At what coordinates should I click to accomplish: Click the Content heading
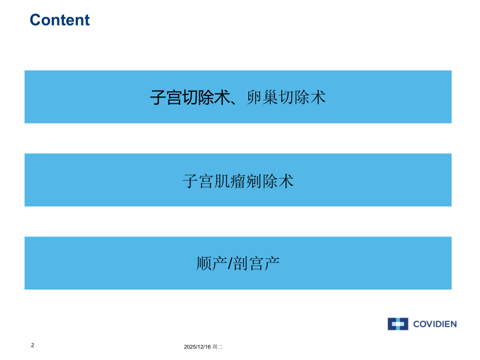(59, 20)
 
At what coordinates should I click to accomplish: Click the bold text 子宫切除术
(190, 98)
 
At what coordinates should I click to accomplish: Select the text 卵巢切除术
(285, 98)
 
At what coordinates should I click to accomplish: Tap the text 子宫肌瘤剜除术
(238, 181)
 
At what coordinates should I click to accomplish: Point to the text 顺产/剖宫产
(238, 263)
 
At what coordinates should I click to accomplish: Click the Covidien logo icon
(398, 324)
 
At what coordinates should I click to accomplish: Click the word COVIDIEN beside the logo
(435, 324)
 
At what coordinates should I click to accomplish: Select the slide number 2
(33, 345)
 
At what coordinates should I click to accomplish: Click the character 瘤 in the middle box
(238, 181)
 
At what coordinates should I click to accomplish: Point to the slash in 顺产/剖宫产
(230, 263)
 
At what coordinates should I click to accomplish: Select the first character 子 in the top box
(158, 98)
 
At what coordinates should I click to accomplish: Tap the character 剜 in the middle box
(254, 181)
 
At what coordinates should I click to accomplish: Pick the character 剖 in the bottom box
(241, 263)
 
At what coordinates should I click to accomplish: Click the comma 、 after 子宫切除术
(234, 100)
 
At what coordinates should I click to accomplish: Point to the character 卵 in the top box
(253, 98)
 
